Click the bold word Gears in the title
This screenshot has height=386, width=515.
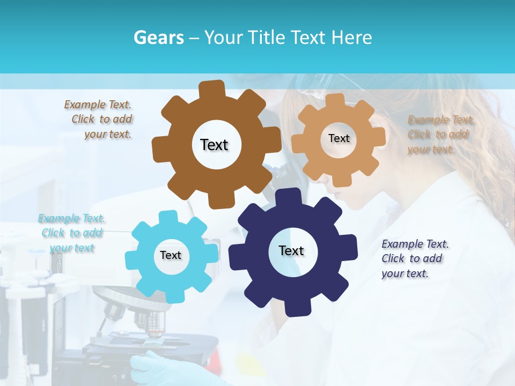(x=158, y=38)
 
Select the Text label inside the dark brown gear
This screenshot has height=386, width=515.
(x=214, y=145)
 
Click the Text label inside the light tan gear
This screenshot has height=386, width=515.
(x=339, y=138)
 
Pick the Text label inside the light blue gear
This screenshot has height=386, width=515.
(x=171, y=255)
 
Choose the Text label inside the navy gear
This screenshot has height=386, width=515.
(x=291, y=250)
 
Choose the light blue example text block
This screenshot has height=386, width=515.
(x=72, y=233)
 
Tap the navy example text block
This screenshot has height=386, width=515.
(x=415, y=258)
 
